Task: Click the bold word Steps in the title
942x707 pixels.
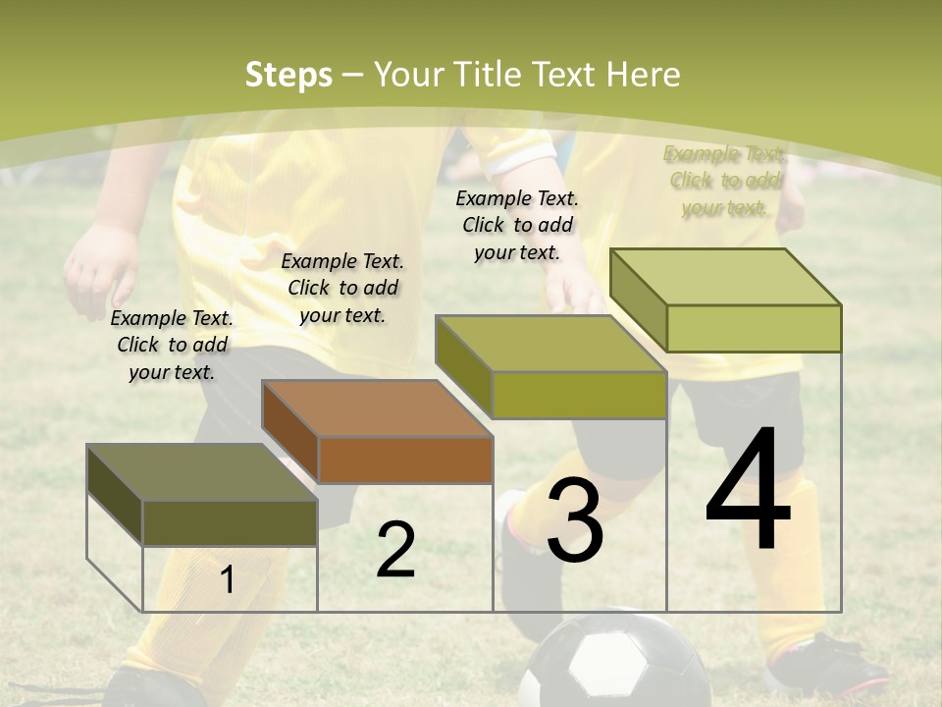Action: (x=288, y=75)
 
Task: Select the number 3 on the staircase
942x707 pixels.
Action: (x=574, y=520)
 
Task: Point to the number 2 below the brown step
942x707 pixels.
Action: (x=395, y=550)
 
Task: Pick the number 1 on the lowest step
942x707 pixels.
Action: (x=228, y=579)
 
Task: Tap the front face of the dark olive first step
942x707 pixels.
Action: (x=230, y=522)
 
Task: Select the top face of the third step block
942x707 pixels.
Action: (x=549, y=344)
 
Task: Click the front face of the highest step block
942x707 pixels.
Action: (x=754, y=328)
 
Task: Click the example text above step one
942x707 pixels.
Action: (x=172, y=345)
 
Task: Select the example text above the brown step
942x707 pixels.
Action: (x=342, y=288)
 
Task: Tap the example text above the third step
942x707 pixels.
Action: (x=517, y=225)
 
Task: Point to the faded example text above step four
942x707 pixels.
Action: (x=725, y=181)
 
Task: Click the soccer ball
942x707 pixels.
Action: (x=615, y=663)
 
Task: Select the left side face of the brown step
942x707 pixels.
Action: (x=290, y=432)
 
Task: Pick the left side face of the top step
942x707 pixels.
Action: (x=638, y=299)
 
